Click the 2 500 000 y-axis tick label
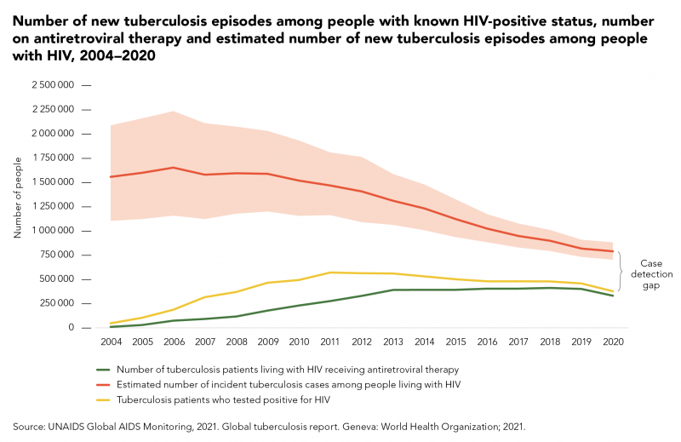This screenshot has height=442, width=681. [54, 85]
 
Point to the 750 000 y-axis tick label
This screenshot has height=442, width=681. [61, 255]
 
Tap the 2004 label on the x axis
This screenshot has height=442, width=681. [111, 342]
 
